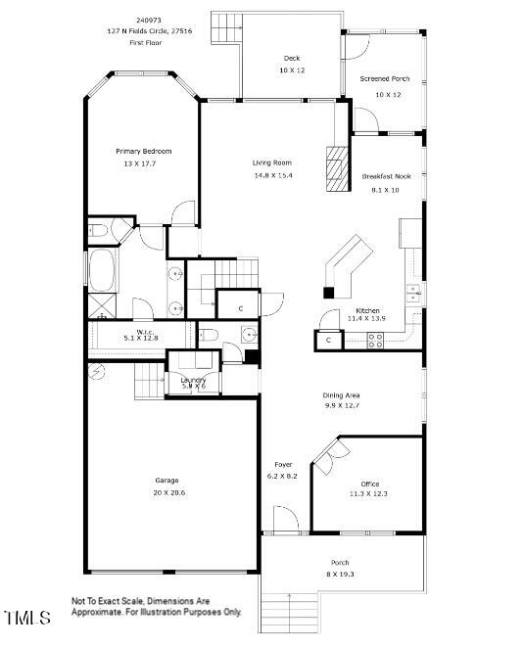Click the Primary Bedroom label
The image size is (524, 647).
(x=143, y=151)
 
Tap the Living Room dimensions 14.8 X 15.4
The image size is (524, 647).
(x=273, y=175)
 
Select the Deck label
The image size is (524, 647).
(x=291, y=58)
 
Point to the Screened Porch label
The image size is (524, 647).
(x=385, y=78)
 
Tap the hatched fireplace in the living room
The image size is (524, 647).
(x=337, y=170)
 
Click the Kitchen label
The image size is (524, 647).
(x=367, y=309)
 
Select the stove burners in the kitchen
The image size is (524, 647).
(x=374, y=340)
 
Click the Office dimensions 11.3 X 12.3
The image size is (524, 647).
(x=368, y=494)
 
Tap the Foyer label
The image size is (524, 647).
(x=283, y=464)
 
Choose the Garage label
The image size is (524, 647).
(x=167, y=481)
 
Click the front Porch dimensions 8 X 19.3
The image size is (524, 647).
(x=341, y=575)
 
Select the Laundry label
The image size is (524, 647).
(x=193, y=379)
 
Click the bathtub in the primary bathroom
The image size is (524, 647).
(x=104, y=268)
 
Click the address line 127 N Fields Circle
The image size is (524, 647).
(x=151, y=30)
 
